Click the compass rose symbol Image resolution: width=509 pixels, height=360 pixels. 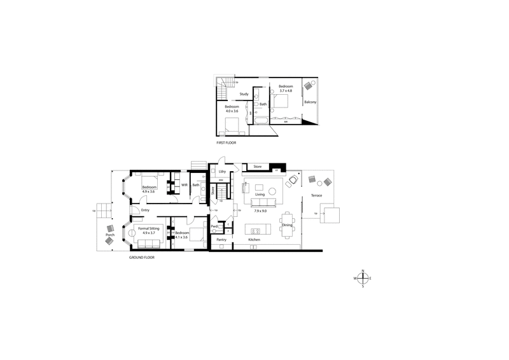click(363, 278)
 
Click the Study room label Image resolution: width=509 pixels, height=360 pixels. click(244, 94)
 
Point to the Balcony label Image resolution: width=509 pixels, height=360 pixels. click(310, 102)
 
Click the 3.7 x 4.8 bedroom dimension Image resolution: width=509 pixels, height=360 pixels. click(285, 90)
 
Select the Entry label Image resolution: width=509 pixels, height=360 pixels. click(145, 210)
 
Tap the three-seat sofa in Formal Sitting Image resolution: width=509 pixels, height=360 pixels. click(146, 242)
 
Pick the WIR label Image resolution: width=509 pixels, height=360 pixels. click(184, 185)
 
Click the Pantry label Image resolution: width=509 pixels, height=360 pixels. click(221, 240)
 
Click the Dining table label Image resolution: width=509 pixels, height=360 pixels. click(287, 225)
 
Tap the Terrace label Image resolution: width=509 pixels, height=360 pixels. click(316, 195)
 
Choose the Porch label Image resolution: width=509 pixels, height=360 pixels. click(109, 235)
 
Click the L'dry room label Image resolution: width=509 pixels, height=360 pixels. click(222, 172)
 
